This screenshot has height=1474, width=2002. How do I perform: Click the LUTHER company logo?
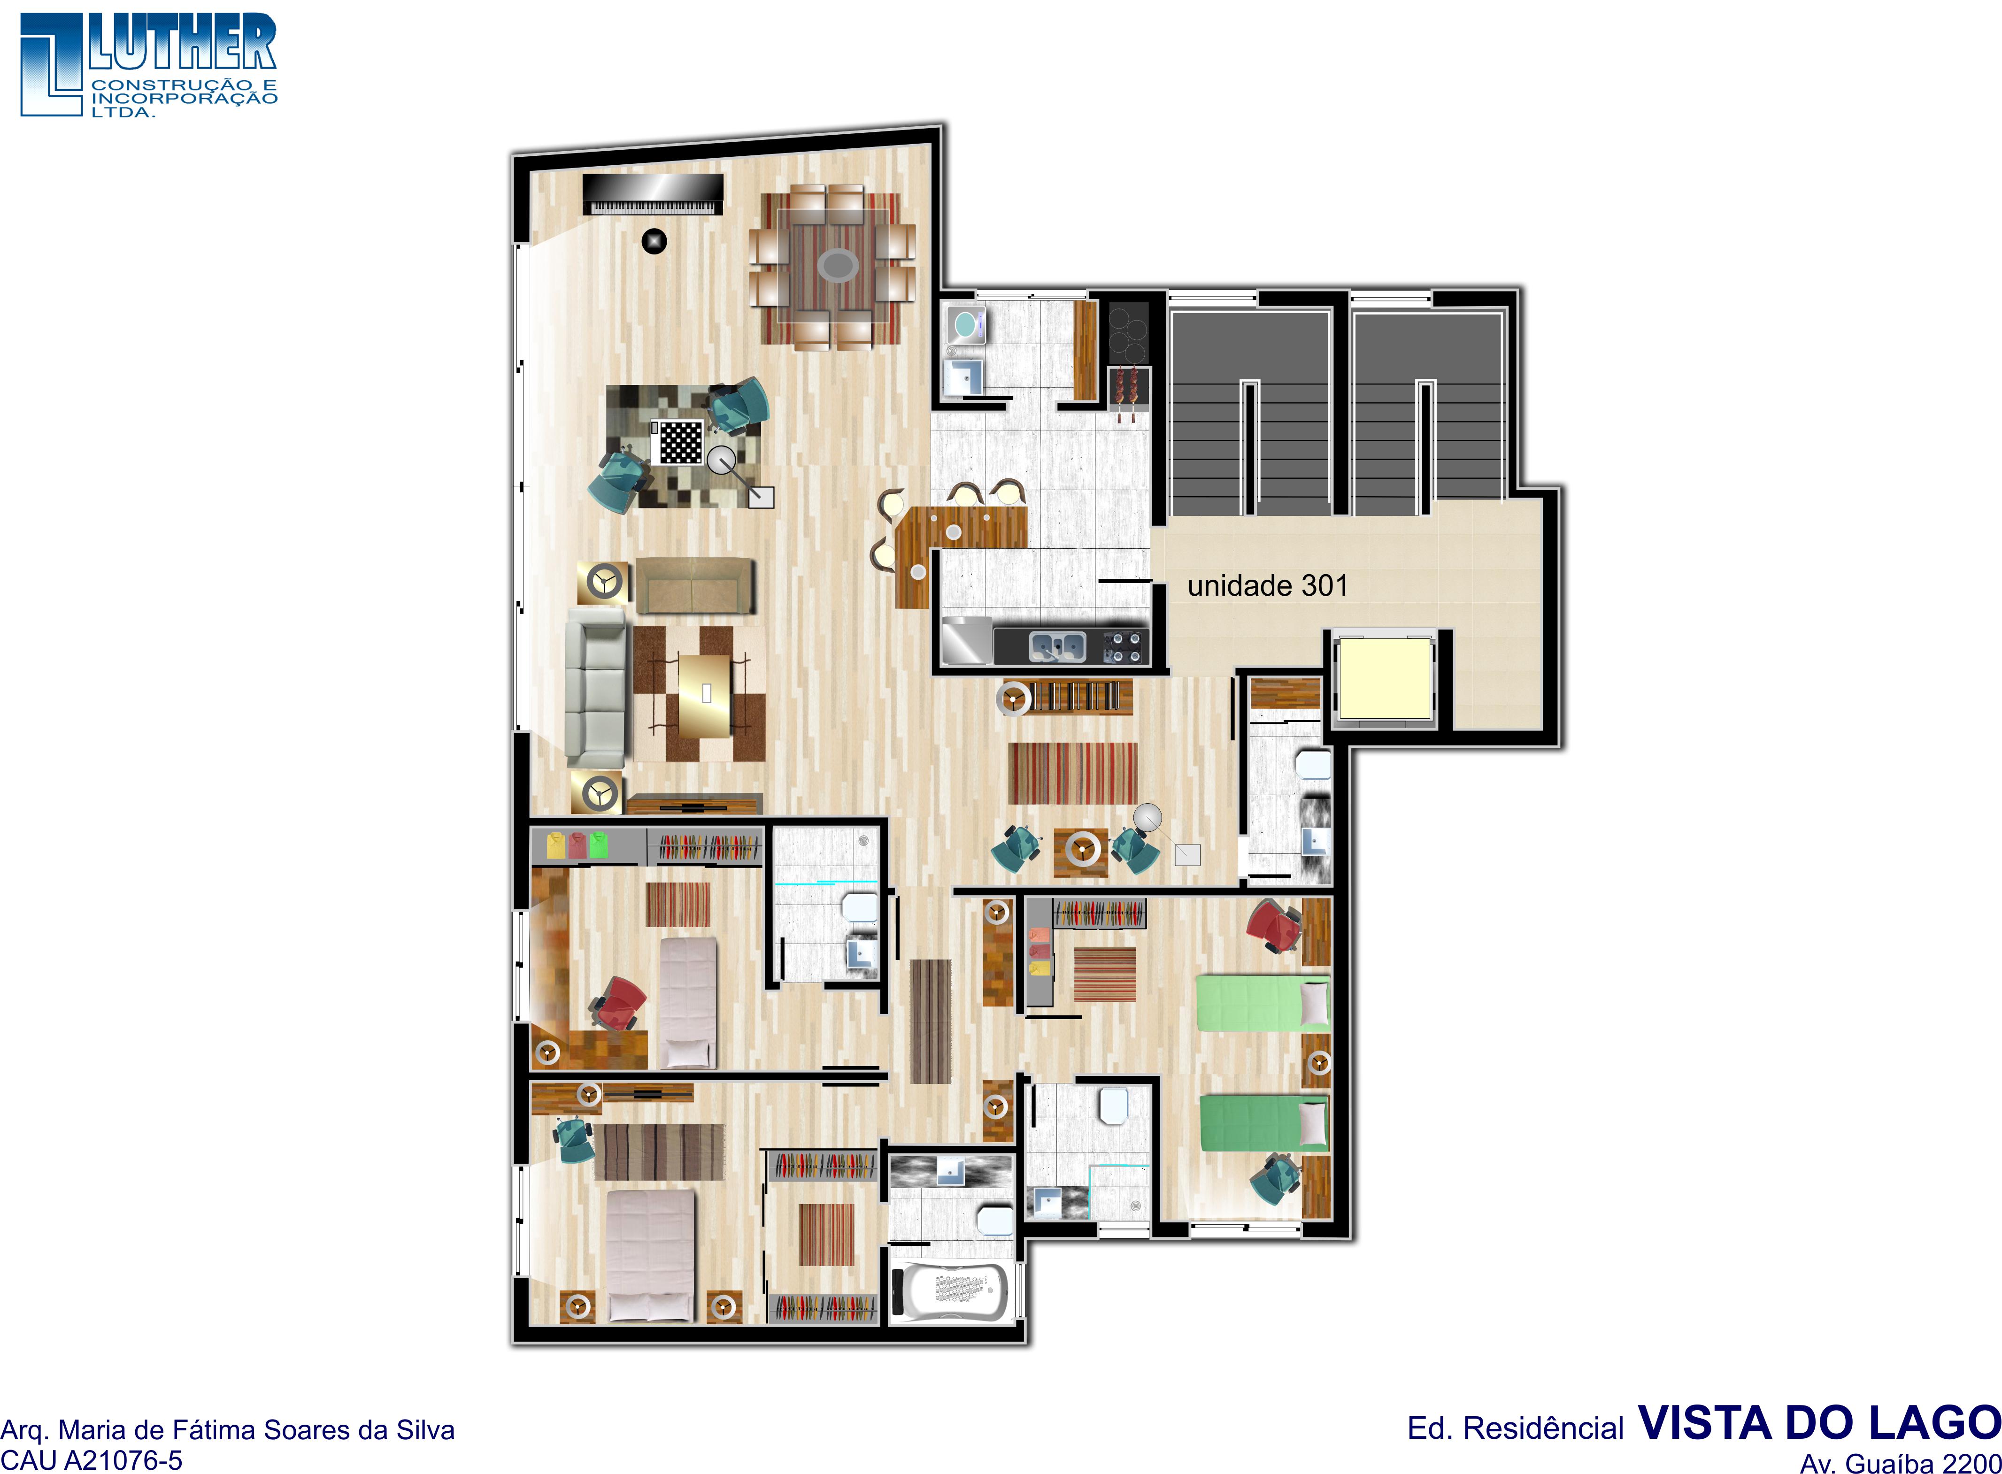(x=148, y=64)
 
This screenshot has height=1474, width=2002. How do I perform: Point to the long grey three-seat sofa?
(x=595, y=687)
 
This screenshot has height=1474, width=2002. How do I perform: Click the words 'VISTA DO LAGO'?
(x=1819, y=1423)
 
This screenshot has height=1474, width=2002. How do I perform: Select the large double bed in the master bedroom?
(x=650, y=1255)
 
